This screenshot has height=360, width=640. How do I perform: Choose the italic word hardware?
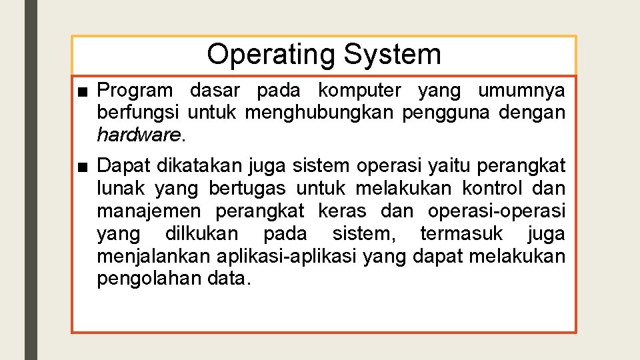tap(138, 135)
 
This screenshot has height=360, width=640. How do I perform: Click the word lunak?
tap(121, 188)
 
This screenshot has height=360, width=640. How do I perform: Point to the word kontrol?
tap(492, 188)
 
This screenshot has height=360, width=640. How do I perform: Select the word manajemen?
tap(148, 211)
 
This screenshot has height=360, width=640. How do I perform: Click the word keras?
tap(342, 211)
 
